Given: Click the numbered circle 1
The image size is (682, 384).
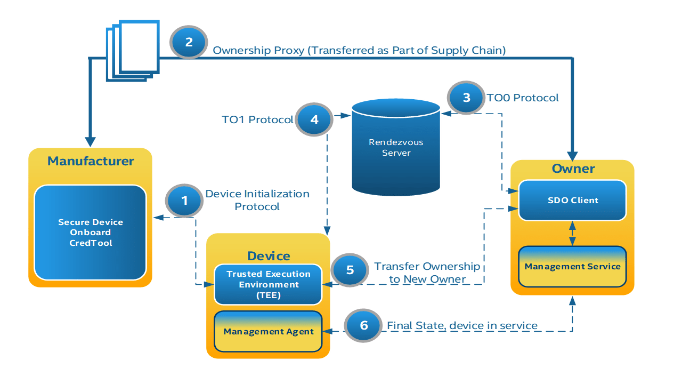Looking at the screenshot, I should [185, 201].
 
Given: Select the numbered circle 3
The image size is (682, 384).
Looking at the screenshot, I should [467, 98].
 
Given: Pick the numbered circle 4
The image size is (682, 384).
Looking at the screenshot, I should [314, 119].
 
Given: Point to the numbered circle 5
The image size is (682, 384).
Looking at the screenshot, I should [350, 270].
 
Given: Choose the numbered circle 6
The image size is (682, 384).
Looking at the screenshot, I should [364, 325].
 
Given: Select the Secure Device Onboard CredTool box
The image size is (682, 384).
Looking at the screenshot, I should [90, 233].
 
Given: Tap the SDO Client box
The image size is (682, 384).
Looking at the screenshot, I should [573, 201].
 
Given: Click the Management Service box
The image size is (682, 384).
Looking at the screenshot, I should [573, 266].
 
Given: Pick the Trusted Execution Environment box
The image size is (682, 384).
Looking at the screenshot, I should [268, 284].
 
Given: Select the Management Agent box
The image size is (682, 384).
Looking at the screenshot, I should [268, 331].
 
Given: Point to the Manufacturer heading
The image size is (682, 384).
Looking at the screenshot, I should [91, 161].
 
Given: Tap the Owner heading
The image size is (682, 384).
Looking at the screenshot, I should [573, 169].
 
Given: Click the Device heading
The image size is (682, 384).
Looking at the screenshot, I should [269, 256].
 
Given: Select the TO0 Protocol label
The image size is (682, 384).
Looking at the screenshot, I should [523, 98].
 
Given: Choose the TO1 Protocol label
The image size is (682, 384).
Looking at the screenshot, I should [257, 119].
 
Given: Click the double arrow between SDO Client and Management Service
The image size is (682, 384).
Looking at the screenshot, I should [573, 234].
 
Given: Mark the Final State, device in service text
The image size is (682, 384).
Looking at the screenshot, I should [462, 325].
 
